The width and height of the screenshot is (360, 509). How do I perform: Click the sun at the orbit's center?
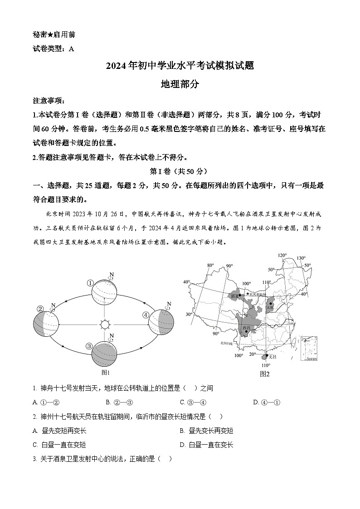pyautogui.click(x=105, y=325)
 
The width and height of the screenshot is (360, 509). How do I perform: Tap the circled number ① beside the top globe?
pyautogui.click(x=90, y=283)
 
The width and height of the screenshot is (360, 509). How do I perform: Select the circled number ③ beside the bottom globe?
pyautogui.click(x=89, y=346)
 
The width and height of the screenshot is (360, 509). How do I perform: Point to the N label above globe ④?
pyautogui.click(x=169, y=304)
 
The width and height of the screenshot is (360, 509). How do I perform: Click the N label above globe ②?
pyautogui.click(x=53, y=305)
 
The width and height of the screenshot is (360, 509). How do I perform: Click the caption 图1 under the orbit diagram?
pyautogui.click(x=105, y=373)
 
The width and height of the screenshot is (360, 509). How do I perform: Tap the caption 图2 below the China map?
pyautogui.click(x=265, y=374)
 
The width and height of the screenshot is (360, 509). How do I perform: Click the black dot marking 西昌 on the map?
pyautogui.click(x=246, y=331)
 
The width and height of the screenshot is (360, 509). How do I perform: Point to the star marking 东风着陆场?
pyautogui.click(x=248, y=294)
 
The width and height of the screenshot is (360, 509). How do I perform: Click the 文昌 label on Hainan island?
pyautogui.click(x=272, y=357)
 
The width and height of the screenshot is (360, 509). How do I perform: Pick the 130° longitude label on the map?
pyautogui.click(x=301, y=258)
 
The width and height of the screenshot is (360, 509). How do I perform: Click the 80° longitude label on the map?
pyautogui.click(x=210, y=265)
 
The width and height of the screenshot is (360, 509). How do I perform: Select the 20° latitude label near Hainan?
pyautogui.click(x=253, y=354)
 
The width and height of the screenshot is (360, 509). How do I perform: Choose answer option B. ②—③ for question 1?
pyautogui.click(x=119, y=402)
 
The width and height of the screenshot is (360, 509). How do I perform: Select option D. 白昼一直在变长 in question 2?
pyautogui.click(x=206, y=445)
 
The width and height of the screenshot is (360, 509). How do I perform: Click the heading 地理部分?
pyautogui.click(x=180, y=84)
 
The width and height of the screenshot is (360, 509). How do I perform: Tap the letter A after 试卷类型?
pyautogui.click(x=71, y=49)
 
